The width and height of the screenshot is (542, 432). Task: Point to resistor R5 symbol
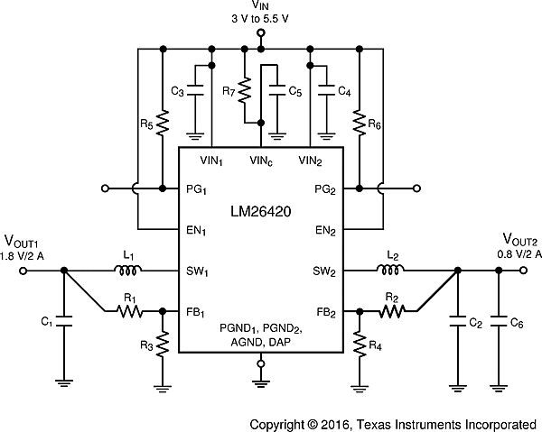(x=162, y=122)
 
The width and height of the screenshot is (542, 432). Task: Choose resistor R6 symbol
(x=360, y=122)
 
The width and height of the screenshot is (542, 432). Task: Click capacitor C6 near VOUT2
(x=498, y=321)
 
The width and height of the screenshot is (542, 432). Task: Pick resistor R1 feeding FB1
(x=130, y=311)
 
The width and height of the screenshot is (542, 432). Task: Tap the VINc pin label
(x=261, y=161)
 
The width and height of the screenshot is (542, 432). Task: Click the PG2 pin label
(x=325, y=189)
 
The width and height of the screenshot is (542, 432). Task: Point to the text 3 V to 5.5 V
(x=260, y=19)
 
